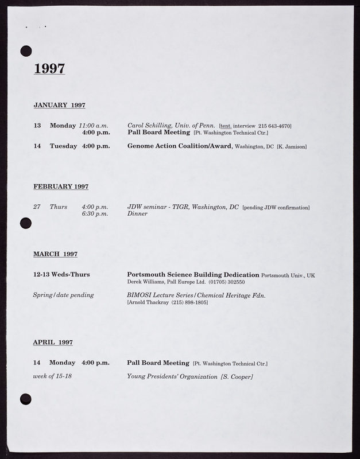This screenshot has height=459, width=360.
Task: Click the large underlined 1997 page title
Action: click(x=49, y=68)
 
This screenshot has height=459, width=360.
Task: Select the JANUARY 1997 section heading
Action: click(x=59, y=105)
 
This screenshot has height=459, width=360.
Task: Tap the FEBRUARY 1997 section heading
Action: click(x=61, y=186)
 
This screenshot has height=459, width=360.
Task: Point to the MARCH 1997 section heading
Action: click(x=55, y=254)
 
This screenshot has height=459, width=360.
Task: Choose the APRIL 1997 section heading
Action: click(x=53, y=342)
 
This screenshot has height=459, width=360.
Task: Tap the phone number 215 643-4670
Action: click(x=274, y=126)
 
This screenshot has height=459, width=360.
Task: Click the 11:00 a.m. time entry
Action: click(x=94, y=125)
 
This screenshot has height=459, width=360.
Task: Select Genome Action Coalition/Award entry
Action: click(x=180, y=146)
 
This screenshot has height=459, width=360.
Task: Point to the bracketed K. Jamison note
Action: click(x=292, y=147)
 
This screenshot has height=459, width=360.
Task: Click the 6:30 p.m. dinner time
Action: click(x=95, y=213)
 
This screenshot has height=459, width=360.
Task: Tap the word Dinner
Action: click(x=137, y=213)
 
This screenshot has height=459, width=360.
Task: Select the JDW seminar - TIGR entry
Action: click(x=183, y=207)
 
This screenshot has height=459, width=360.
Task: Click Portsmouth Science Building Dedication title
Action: click(x=193, y=275)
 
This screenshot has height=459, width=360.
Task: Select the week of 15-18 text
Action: click(x=53, y=376)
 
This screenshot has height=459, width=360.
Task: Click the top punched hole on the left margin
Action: click(x=26, y=51)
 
